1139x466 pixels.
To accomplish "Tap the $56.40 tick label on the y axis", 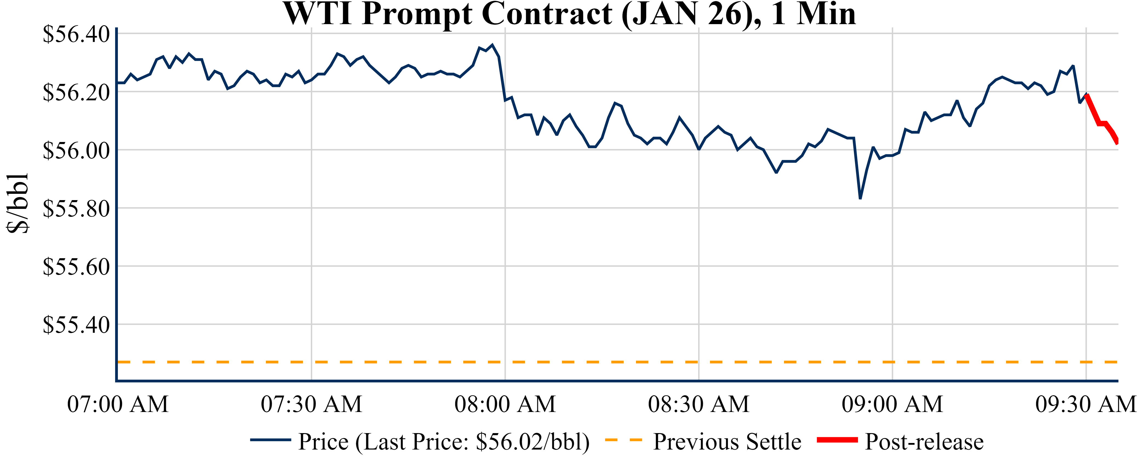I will pos(76,34).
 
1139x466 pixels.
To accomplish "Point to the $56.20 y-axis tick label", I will pos(76,92).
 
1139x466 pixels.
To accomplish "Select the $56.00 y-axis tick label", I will pos(76,150).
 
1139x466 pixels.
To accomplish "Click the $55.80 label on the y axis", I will pos(76,209).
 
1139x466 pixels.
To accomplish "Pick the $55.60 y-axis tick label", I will pos(76,267).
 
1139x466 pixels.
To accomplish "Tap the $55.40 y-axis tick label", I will pos(76,325).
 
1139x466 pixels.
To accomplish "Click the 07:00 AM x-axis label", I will pos(118,404).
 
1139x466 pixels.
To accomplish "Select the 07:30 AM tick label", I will pos(311,404).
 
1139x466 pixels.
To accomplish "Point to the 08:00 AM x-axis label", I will pos(505,404).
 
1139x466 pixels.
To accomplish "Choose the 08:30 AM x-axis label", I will pos(698,404).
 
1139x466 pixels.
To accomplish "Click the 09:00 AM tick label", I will pos(892,404).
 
